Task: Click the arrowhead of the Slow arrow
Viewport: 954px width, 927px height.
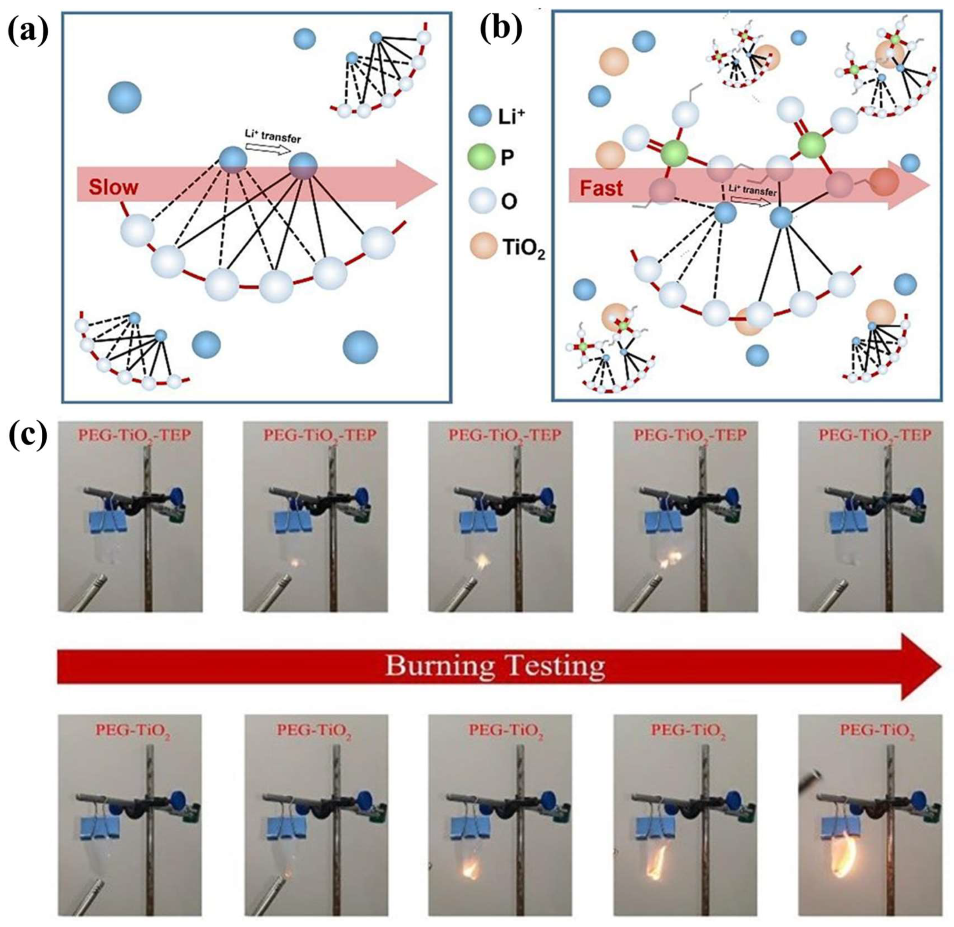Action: pyautogui.click(x=421, y=184)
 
